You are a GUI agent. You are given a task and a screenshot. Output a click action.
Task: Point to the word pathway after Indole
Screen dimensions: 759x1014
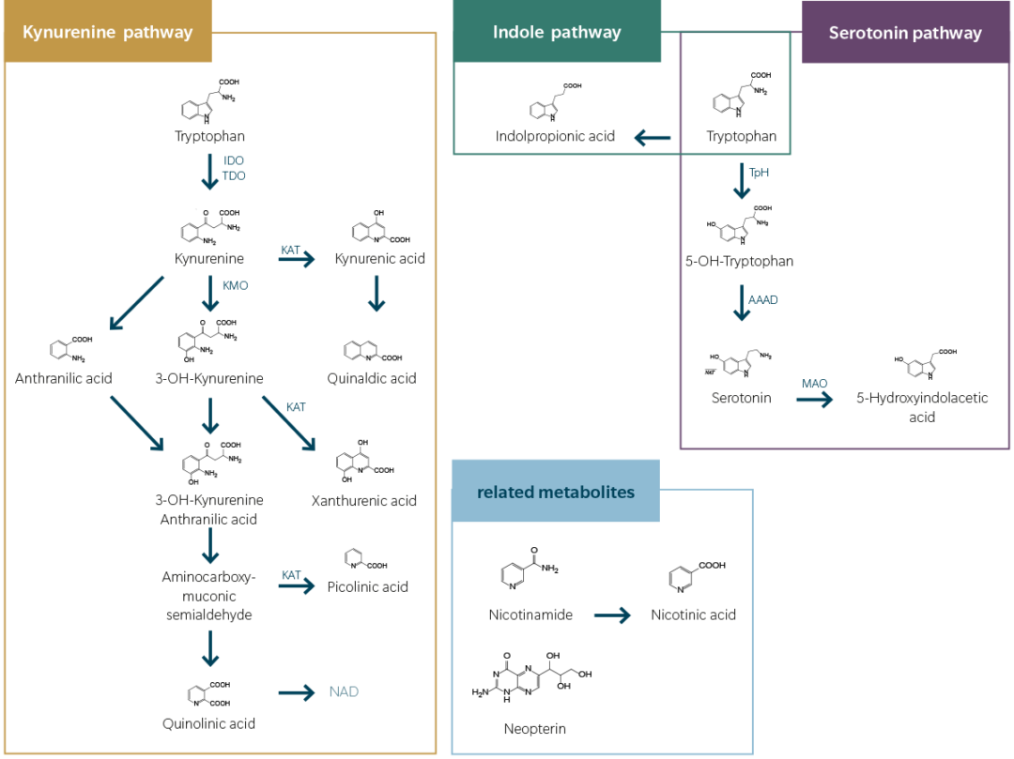click(586, 33)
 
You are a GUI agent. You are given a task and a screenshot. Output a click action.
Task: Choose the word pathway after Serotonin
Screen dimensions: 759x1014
click(948, 34)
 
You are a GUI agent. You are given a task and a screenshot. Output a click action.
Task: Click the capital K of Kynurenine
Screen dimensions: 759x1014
click(28, 33)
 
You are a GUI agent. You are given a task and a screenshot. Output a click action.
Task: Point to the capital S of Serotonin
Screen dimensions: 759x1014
click(834, 34)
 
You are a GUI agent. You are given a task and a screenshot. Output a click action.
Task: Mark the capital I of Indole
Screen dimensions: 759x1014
click(496, 33)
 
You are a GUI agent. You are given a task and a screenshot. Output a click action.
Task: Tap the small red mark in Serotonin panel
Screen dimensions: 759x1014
click(738, 223)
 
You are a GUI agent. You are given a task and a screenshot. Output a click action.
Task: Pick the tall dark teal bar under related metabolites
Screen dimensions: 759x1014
click(622, 680)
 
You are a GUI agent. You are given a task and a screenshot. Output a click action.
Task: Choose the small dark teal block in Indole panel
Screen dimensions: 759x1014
click(655, 141)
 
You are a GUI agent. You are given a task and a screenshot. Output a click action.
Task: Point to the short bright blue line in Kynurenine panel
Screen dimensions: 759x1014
click(369, 253)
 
